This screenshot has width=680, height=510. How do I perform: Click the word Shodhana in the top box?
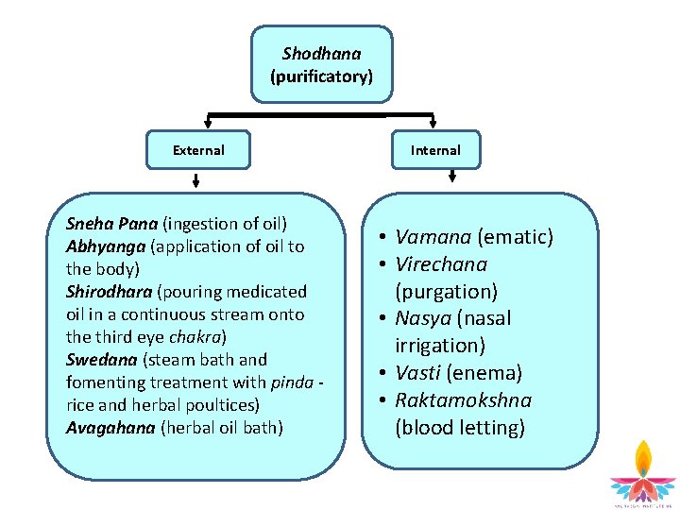[321, 54]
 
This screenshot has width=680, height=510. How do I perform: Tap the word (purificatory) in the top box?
[321, 76]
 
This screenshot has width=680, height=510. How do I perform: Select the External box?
[198, 150]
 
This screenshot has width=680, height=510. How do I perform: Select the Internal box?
[435, 150]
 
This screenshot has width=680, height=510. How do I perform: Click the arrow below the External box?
[196, 180]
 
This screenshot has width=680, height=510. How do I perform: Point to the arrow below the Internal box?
[452, 177]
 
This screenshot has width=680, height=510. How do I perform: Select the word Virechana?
[441, 264]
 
